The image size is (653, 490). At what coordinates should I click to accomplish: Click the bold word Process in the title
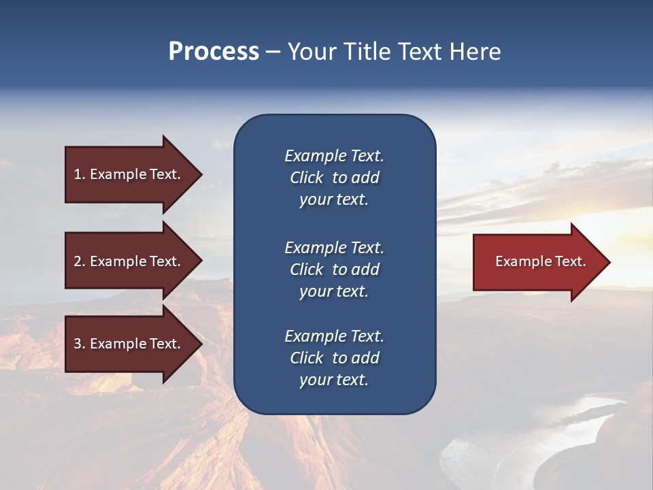(x=214, y=52)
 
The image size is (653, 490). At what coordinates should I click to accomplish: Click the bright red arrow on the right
(x=537, y=261)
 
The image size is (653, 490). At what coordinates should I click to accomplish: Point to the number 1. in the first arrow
(x=80, y=174)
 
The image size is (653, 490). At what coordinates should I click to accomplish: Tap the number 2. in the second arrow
(x=80, y=261)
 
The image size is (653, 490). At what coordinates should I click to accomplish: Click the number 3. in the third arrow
(x=80, y=344)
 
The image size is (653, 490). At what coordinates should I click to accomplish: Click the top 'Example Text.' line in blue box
(x=334, y=156)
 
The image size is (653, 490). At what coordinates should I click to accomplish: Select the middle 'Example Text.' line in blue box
(x=334, y=247)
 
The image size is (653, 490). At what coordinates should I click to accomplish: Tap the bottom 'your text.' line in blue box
(x=334, y=380)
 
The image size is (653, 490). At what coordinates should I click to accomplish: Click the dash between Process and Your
(x=273, y=52)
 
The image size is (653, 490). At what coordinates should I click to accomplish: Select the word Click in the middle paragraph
(x=307, y=269)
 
